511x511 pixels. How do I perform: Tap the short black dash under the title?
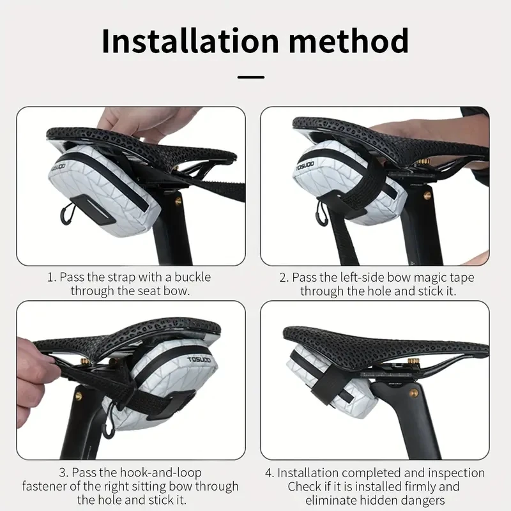[x=250, y=77]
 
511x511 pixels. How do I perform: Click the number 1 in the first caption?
[x=50, y=277]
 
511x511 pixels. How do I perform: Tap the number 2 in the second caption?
[x=283, y=277]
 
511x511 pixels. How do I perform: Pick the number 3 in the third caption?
[x=63, y=473]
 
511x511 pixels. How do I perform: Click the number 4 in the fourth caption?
[x=268, y=473]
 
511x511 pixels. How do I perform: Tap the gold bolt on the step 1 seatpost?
[x=178, y=201]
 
